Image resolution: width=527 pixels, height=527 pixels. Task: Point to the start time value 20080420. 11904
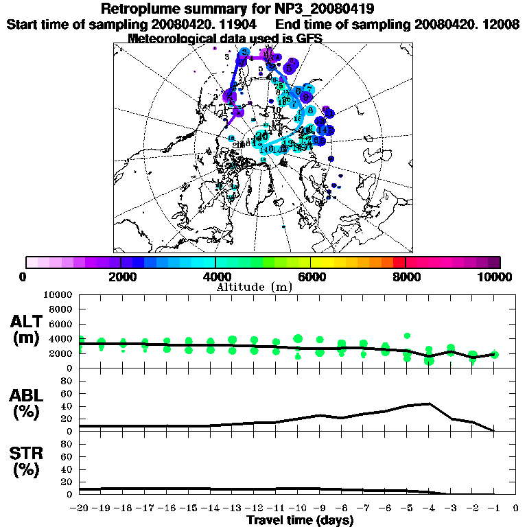coord(208,24)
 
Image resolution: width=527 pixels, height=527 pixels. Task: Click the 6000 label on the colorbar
coord(310,277)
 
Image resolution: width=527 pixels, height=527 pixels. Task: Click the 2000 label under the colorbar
coord(121,277)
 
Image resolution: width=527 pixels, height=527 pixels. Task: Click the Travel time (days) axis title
coord(300,520)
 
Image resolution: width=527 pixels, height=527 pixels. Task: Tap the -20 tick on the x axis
coord(80,508)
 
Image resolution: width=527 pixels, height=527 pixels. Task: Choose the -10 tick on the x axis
coord(297,508)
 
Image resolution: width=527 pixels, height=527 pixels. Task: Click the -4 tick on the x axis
coord(428,508)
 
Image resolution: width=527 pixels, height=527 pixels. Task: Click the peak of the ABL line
coord(429,403)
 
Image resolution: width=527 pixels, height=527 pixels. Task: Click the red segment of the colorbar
coord(399,262)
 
